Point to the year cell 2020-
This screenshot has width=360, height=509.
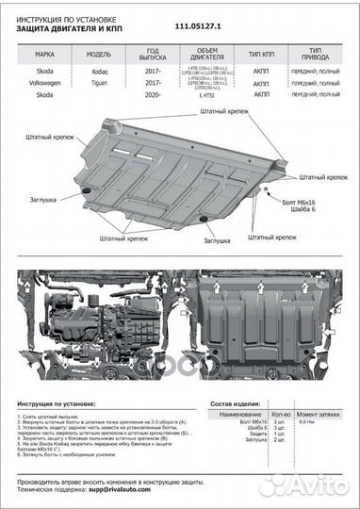[153, 95]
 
